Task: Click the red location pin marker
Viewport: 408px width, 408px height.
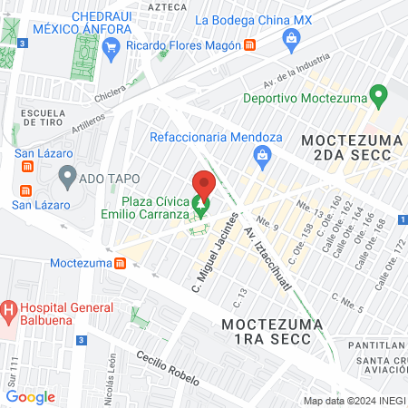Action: pos(204,185)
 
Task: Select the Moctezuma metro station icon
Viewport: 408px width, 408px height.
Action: pos(120,263)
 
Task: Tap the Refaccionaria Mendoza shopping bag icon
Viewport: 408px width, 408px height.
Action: pos(261,157)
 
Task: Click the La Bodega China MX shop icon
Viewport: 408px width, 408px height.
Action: pos(290,36)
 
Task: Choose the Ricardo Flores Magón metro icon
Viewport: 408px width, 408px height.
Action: pos(249,44)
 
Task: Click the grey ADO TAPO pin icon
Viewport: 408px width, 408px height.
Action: pos(65,173)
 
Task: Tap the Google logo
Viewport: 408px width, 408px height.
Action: pos(30,396)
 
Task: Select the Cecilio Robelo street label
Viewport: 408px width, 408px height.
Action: pos(169,367)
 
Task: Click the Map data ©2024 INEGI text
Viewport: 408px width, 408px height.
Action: pos(353,400)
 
